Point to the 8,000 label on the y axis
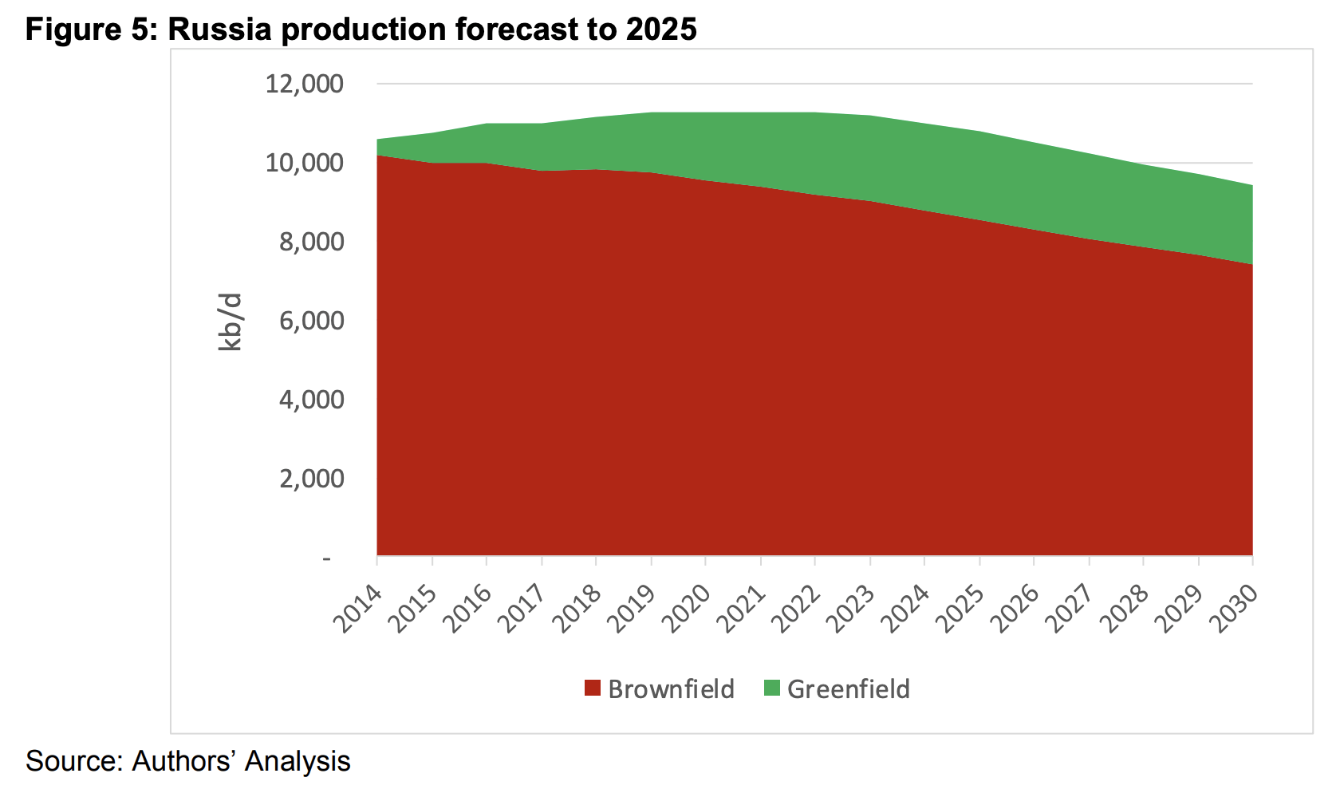(x=311, y=242)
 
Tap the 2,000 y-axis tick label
(x=311, y=479)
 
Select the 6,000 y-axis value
(x=311, y=321)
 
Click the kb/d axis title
(x=230, y=322)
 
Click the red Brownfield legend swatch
(x=592, y=688)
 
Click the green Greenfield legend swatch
(x=771, y=688)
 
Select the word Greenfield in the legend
(x=848, y=688)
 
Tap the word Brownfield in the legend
(x=671, y=688)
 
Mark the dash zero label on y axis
(x=326, y=559)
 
